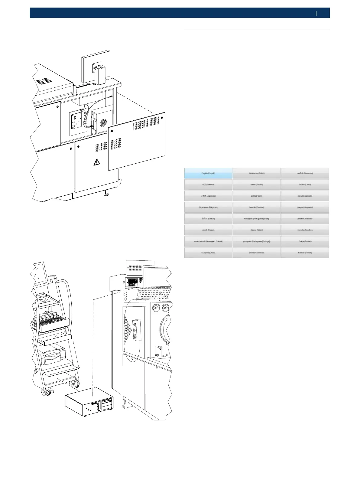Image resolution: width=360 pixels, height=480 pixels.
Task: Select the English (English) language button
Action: (x=208, y=173)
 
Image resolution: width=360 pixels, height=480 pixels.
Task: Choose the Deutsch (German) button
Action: (x=257, y=253)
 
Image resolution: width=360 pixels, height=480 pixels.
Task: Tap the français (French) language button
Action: (x=305, y=253)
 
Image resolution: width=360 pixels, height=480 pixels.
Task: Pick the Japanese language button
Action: (x=208, y=196)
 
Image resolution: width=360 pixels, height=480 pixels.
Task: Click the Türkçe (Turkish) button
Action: (x=305, y=241)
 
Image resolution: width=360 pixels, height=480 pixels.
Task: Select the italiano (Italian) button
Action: (x=257, y=230)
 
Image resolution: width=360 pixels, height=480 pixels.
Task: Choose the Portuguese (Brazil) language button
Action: (x=257, y=219)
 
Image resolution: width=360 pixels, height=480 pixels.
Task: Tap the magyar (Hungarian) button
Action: (x=305, y=207)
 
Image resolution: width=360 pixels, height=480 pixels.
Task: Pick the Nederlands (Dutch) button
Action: (x=257, y=173)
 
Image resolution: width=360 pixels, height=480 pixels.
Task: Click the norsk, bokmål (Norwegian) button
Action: (x=208, y=241)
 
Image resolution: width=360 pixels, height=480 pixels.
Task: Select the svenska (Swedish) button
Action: (x=305, y=230)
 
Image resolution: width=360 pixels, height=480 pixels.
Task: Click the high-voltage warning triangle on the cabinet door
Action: (x=97, y=162)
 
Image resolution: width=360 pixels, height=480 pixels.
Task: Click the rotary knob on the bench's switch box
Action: (x=135, y=336)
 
